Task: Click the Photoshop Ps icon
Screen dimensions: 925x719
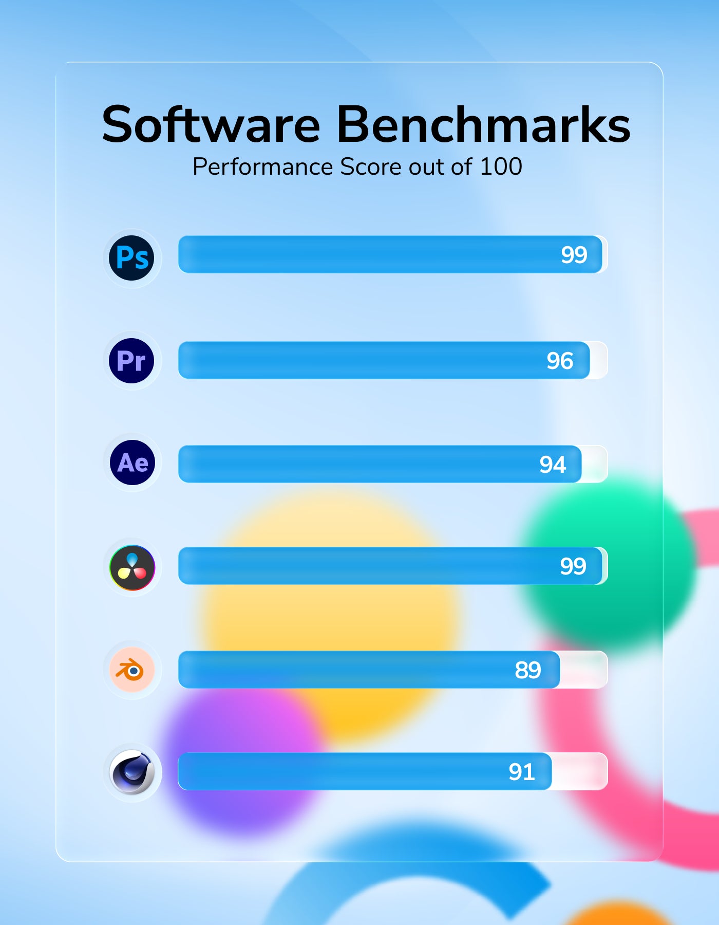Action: coord(132,258)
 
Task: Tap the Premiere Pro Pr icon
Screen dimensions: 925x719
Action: coord(131,361)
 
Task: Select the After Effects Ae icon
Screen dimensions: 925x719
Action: coord(133,462)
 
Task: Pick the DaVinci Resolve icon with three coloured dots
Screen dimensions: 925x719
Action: coord(133,567)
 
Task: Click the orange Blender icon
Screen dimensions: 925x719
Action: coord(132,670)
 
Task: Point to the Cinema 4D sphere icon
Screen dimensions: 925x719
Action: coord(133,772)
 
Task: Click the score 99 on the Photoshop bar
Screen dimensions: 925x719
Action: coord(574,255)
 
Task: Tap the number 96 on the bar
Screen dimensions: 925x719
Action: coord(559,361)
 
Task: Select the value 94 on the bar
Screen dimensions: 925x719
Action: coord(552,465)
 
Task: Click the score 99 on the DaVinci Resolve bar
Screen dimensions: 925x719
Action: coord(573,566)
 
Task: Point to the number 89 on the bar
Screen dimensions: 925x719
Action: coord(527,670)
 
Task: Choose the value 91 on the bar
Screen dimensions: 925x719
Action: coord(521,772)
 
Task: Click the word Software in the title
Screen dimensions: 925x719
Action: coord(211,125)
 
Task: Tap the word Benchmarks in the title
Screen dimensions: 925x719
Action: coord(483,125)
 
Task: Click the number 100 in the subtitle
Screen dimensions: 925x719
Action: coord(501,167)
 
